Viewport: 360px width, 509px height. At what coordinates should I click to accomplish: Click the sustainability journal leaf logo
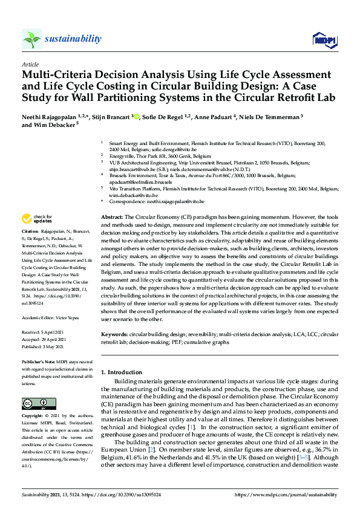point(31,39)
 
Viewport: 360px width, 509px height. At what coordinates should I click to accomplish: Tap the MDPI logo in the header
point(324,40)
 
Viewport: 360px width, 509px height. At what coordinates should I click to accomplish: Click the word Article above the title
point(30,64)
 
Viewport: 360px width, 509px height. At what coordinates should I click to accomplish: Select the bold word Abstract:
point(112,216)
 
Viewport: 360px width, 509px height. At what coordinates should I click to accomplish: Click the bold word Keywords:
point(114,334)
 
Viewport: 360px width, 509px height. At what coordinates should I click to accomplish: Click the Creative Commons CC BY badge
point(34,403)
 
